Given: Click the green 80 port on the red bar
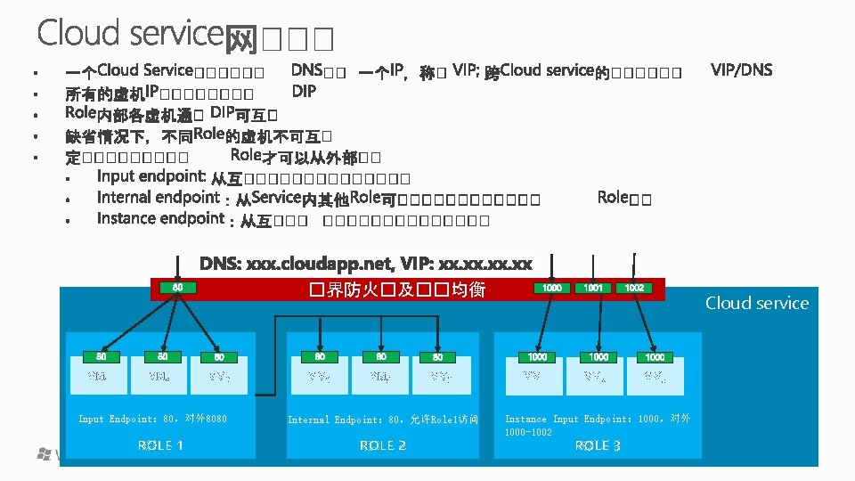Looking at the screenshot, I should point(177,288).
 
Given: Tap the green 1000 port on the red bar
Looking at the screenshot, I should point(552,289).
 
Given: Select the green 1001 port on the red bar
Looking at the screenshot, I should point(593,289).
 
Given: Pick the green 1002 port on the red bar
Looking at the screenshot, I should point(634,289).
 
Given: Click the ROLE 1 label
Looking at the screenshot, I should point(160,445).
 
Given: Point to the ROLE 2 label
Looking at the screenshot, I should point(382,445).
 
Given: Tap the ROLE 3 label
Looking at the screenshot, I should point(598,445).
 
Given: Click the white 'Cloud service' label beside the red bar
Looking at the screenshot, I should point(757,303).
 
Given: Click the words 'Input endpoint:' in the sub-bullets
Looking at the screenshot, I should point(151,176).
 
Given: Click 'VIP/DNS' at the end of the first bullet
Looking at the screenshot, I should point(742,69).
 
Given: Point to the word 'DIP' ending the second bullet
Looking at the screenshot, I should point(304,91).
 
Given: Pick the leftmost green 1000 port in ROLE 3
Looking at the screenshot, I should point(537,356).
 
